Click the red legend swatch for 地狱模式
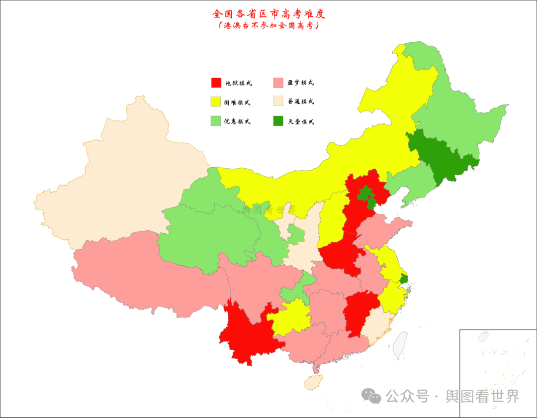(216, 83)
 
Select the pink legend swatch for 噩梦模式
(278, 83)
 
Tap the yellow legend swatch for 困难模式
(216, 102)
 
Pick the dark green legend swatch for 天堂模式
(278, 121)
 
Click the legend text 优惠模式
(238, 121)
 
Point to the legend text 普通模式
(301, 102)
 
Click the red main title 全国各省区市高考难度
(268, 13)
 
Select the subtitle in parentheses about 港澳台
(268, 26)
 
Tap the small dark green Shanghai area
(403, 279)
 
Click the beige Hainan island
(313, 382)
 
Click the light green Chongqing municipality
(293, 293)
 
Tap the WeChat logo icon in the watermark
(371, 396)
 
